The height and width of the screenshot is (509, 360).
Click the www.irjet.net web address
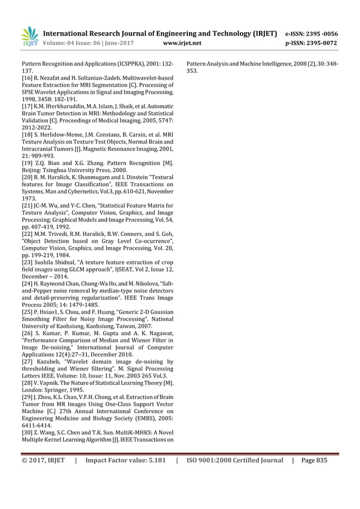[181, 42]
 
